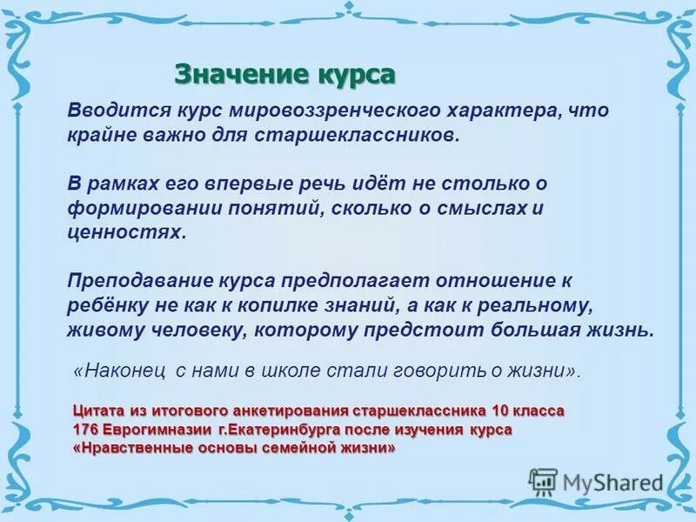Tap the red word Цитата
point(97,411)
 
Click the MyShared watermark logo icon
point(542,481)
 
